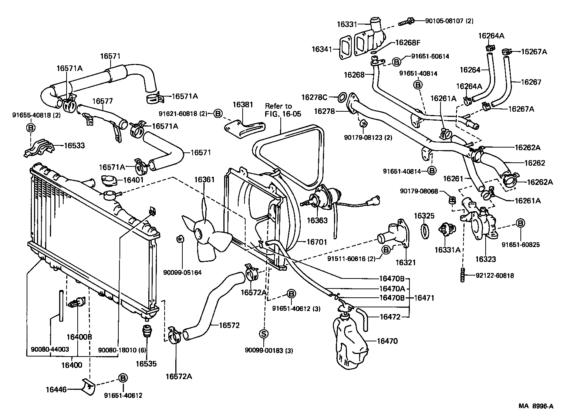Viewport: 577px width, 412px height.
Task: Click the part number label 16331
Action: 347,24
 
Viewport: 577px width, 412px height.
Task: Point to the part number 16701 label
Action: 317,242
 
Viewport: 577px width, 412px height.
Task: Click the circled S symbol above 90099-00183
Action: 264,334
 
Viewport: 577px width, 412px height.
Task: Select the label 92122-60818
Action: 490,276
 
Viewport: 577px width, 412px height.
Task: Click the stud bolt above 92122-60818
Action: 462,276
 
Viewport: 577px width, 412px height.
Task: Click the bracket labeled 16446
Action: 88,385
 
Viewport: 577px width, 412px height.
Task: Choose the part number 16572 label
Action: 229,325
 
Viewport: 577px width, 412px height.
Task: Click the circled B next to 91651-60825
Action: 520,223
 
